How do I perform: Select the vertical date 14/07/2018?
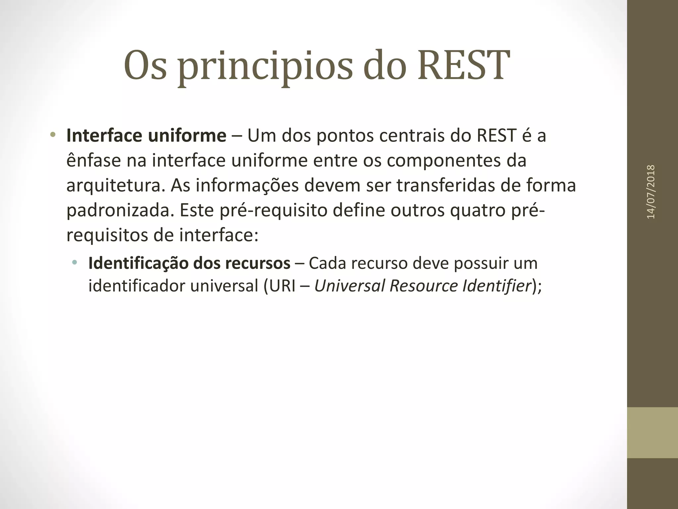(x=651, y=192)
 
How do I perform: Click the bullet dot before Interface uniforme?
(x=52, y=135)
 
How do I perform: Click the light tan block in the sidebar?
(x=652, y=432)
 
